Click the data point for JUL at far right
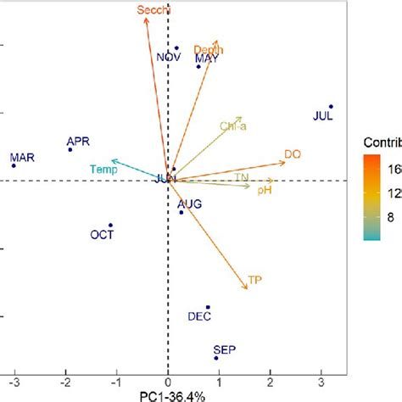(331, 106)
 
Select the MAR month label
(22, 157)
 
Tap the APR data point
(70, 149)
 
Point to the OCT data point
(110, 225)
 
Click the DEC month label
(199, 316)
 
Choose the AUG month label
(189, 204)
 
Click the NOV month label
(169, 58)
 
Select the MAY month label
(206, 59)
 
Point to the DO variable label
(292, 154)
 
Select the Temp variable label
(103, 169)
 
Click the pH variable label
(264, 191)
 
